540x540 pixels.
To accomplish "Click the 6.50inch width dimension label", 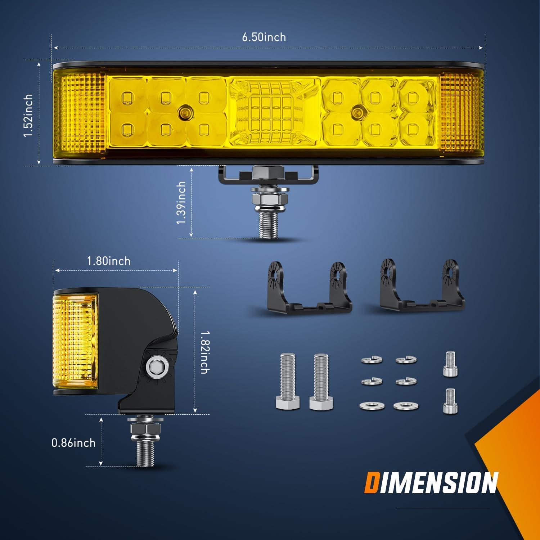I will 264,37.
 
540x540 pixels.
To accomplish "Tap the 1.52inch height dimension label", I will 28,115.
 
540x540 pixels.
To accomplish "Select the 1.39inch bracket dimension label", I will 181,202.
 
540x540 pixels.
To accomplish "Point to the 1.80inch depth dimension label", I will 109,261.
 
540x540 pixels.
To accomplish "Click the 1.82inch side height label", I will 204,352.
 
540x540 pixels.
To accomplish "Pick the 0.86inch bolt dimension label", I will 73,442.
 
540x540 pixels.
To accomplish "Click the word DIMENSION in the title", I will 431,483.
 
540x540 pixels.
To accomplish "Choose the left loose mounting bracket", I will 309,292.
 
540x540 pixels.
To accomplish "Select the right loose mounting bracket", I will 422,290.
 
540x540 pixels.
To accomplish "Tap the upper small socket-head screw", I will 450,364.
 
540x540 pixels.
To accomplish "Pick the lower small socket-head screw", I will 450,401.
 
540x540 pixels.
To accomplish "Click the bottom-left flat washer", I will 372,406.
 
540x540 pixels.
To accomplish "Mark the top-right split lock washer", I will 406,360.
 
